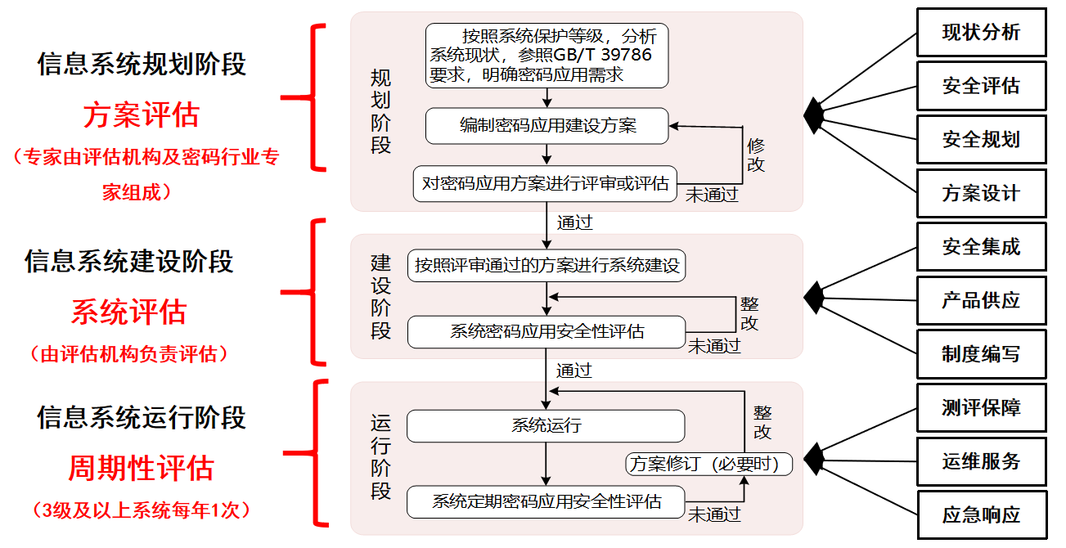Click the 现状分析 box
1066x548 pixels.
point(981,33)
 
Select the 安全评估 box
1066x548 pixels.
point(981,86)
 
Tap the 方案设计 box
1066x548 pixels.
point(981,194)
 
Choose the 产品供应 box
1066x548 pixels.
point(981,300)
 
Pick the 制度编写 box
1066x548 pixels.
point(981,354)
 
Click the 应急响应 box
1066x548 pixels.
point(981,515)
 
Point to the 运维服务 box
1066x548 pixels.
point(981,461)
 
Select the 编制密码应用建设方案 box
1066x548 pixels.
point(546,126)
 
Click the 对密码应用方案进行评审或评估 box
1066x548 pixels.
point(546,183)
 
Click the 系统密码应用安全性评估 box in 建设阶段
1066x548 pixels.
point(546,331)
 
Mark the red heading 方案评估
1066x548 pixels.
point(141,115)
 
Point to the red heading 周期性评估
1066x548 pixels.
point(141,469)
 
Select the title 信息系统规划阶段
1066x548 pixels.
point(141,65)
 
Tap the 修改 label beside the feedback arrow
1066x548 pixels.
point(756,155)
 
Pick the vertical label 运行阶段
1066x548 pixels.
point(381,458)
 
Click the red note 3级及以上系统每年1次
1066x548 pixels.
point(141,510)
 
